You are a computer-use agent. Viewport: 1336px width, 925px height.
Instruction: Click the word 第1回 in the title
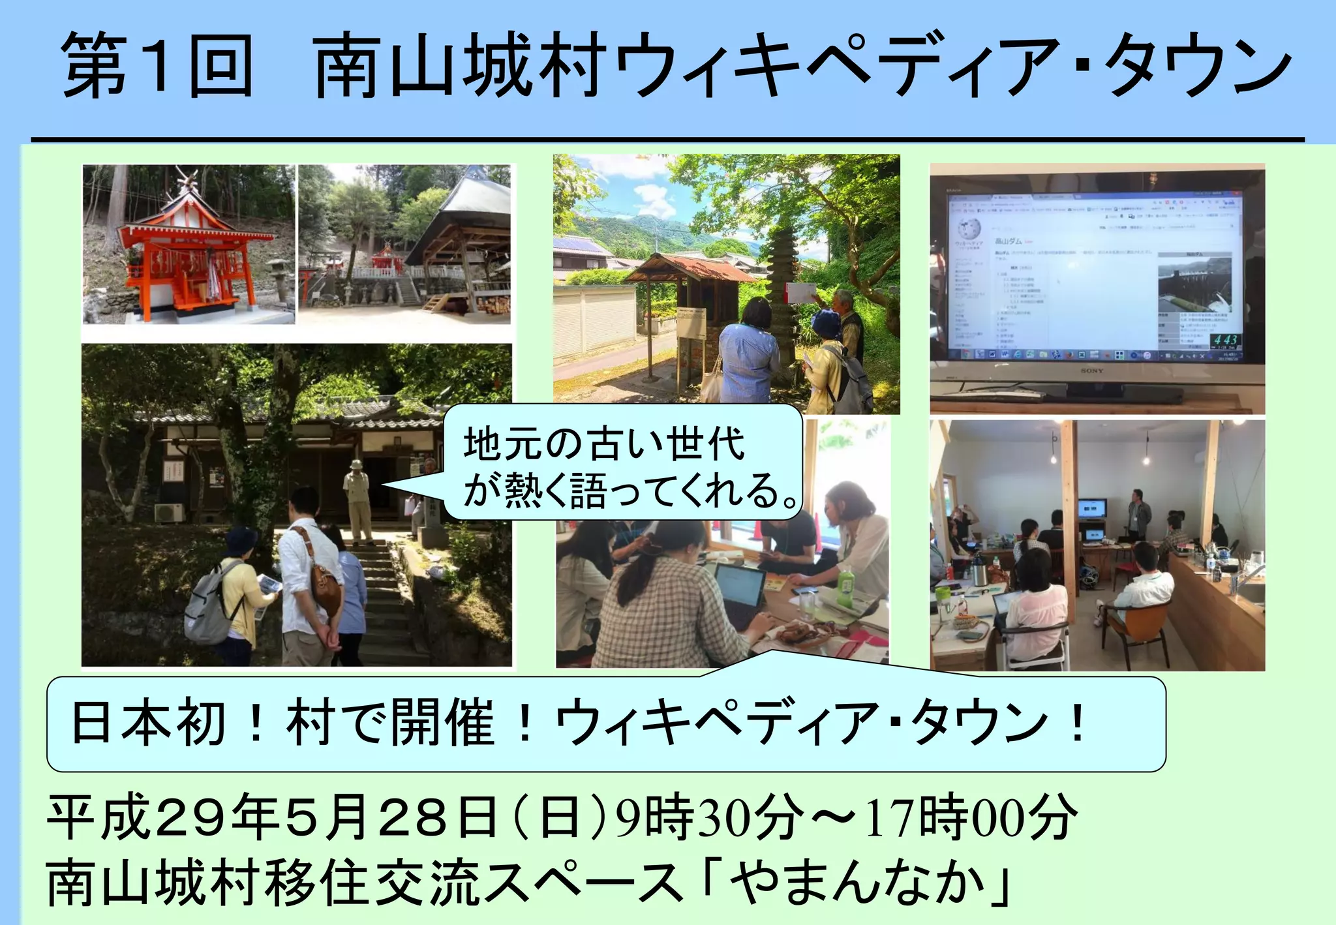pyautogui.click(x=157, y=65)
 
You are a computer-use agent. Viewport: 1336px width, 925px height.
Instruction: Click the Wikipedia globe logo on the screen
pyautogui.click(x=969, y=228)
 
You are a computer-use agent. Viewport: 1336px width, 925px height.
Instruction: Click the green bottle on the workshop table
pyautogui.click(x=845, y=587)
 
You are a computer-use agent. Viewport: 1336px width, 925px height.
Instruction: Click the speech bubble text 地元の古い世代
pyautogui.click(x=603, y=444)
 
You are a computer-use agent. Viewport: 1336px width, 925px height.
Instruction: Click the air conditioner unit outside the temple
pyautogui.click(x=169, y=513)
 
